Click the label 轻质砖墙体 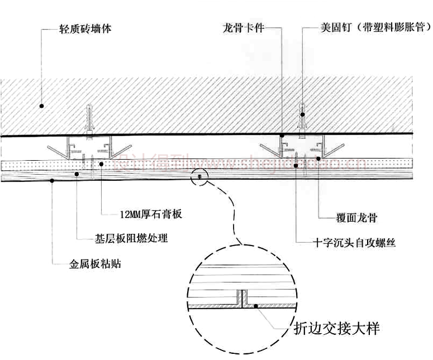tap(85, 28)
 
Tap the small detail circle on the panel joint tap(199, 177)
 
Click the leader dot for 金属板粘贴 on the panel tap(52, 180)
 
